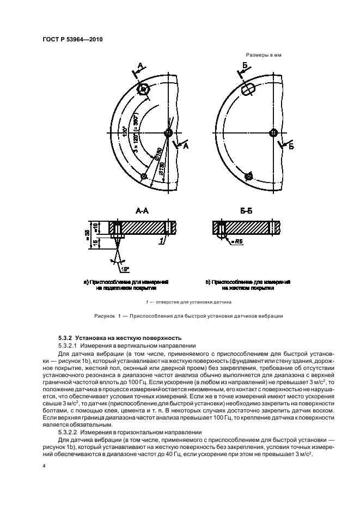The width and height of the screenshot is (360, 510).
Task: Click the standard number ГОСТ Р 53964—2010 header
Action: [x=72, y=39]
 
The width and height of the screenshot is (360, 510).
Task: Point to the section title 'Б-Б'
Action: [x=246, y=210]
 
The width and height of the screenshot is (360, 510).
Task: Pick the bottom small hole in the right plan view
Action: [x=248, y=176]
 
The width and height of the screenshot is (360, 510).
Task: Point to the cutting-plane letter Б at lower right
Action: [x=291, y=147]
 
